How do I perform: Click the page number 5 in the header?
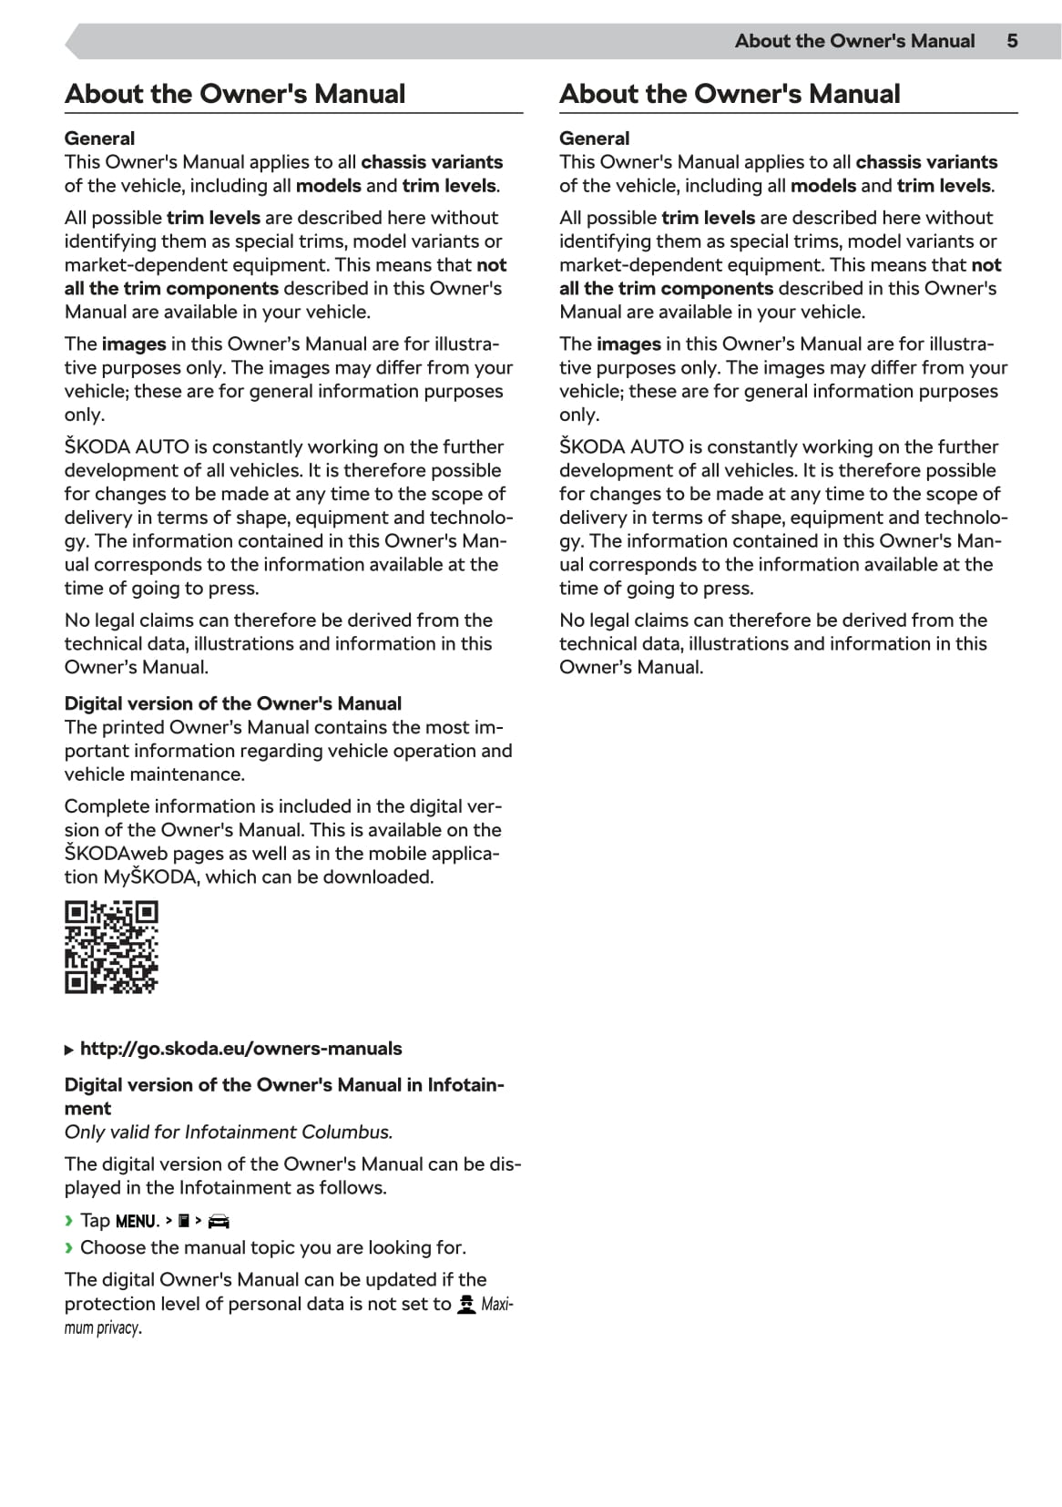tap(1012, 41)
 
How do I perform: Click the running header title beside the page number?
tap(854, 41)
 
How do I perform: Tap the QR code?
tap(111, 948)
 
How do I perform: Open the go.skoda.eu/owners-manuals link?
tap(240, 1049)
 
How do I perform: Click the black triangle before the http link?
tap(69, 1050)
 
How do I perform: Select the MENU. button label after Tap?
tap(138, 1222)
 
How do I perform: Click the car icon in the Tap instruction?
tap(219, 1222)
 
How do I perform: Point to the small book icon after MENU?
tap(184, 1221)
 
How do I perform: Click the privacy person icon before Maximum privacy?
tap(466, 1305)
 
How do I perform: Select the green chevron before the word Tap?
tap(68, 1221)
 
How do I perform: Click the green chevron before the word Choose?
tap(68, 1248)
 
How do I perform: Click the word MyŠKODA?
tap(150, 877)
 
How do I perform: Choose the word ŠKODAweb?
tap(116, 854)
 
